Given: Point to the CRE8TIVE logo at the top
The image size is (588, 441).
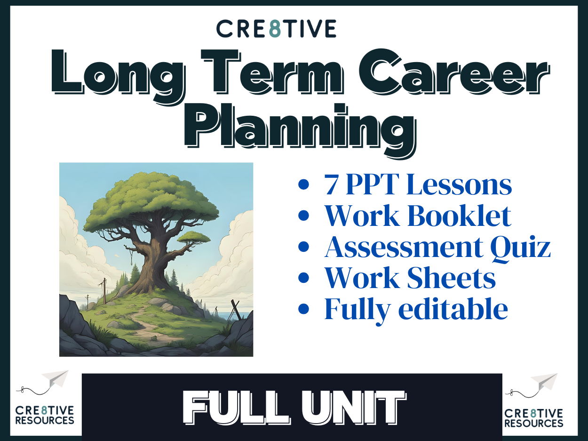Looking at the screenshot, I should pyautogui.click(x=276, y=29).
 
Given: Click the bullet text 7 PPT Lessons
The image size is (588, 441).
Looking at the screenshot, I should pyautogui.click(x=418, y=185).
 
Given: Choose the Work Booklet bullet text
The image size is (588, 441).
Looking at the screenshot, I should pyautogui.click(x=417, y=216).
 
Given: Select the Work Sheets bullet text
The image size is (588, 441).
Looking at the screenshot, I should pyautogui.click(x=410, y=278).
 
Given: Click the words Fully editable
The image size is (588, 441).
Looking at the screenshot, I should pyautogui.click(x=416, y=309).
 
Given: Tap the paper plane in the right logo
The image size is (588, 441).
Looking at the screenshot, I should pyautogui.click(x=544, y=382).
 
